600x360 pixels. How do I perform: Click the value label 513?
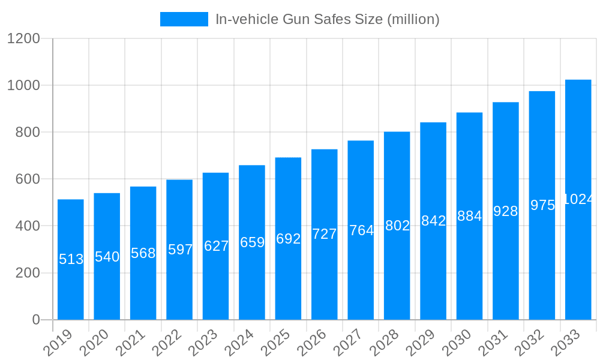71,259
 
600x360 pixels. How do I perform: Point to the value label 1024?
578,199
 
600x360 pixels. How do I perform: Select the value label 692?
288,239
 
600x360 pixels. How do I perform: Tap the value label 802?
397,226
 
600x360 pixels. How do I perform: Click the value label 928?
505,211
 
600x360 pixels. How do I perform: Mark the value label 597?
180,250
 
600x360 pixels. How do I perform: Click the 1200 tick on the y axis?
23,39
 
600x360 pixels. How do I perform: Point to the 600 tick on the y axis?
28,179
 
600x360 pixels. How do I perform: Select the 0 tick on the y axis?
36,320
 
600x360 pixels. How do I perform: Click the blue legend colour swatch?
184,19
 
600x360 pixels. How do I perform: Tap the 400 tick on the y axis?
28,226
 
